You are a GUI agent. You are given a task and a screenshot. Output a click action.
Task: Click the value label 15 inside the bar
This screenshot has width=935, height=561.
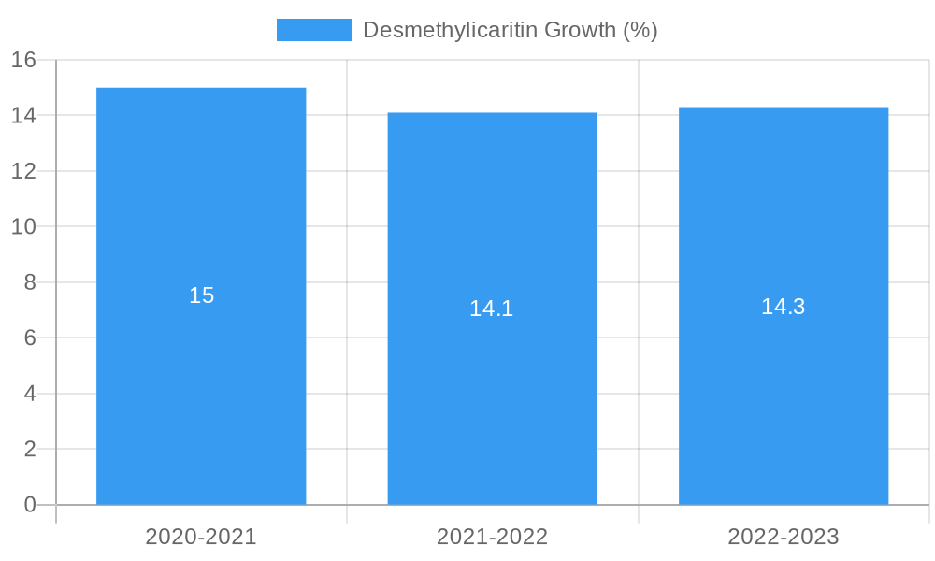pyautogui.click(x=202, y=295)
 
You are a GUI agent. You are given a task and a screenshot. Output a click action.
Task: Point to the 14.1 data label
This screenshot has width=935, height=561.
pyautogui.click(x=492, y=309)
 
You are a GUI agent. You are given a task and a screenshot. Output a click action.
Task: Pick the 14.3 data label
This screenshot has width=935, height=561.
pyautogui.click(x=784, y=307)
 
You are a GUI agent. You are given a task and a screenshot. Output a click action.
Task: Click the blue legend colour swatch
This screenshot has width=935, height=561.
pyautogui.click(x=314, y=30)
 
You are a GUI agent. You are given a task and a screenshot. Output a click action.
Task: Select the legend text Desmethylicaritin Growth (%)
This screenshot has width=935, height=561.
pyautogui.click(x=511, y=30)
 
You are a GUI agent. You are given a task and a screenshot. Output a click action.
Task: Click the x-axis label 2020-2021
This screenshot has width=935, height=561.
pyautogui.click(x=201, y=537)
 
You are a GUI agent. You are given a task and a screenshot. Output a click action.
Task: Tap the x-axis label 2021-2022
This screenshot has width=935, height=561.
pyautogui.click(x=493, y=537)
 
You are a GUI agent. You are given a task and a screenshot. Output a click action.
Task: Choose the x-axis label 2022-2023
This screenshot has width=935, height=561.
pyautogui.click(x=784, y=537)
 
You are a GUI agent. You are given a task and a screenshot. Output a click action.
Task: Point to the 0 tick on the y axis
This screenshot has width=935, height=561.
pyautogui.click(x=30, y=505)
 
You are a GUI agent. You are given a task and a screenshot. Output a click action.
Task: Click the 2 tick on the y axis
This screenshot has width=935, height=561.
pyautogui.click(x=30, y=449)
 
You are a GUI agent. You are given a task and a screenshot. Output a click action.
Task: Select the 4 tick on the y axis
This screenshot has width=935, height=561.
pyautogui.click(x=30, y=394)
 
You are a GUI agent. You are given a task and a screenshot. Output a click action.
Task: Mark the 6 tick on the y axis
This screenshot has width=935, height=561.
pyautogui.click(x=30, y=338)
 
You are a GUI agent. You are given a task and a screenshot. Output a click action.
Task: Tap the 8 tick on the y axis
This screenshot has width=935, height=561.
pyautogui.click(x=30, y=282)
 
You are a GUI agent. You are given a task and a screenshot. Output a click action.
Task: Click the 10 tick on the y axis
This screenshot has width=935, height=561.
pyautogui.click(x=24, y=226)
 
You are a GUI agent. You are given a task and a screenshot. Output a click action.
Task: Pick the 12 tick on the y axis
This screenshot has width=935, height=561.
pyautogui.click(x=24, y=171)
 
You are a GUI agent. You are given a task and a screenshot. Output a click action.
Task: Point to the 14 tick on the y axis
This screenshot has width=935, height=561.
pyautogui.click(x=24, y=115)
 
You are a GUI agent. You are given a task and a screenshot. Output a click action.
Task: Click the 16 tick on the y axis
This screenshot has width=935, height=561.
pyautogui.click(x=24, y=60)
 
